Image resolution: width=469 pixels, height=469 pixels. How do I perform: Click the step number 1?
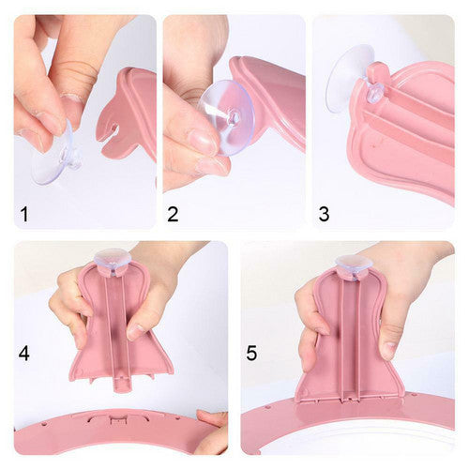(24, 215)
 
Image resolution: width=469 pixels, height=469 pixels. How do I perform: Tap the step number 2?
(173, 214)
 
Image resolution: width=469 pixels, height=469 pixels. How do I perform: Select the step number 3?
(324, 214)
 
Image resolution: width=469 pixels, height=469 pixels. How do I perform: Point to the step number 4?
(24, 354)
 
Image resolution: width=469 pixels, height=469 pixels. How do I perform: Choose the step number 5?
(251, 354)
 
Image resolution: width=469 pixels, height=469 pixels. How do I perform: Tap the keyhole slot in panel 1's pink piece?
(114, 129)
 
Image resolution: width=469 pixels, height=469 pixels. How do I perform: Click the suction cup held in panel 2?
(226, 118)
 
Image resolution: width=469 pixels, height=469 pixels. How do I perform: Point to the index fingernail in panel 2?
(203, 142)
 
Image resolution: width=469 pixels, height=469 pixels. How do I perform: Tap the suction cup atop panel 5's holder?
(354, 265)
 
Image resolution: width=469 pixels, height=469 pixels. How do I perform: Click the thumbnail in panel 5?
(388, 351)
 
